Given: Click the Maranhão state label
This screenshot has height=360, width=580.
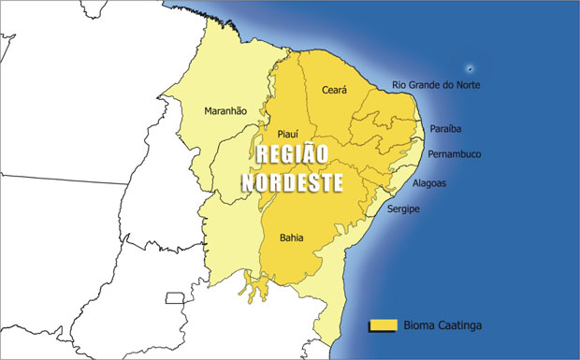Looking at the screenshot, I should (x=225, y=111).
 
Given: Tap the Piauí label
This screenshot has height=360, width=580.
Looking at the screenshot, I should (x=288, y=134).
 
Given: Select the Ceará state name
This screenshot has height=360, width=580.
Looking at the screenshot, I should (x=334, y=90).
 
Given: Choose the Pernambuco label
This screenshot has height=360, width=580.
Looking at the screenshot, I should (x=454, y=153).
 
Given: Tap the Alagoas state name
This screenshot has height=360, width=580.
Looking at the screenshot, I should (x=428, y=183).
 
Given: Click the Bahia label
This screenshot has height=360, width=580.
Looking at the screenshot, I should (x=291, y=238).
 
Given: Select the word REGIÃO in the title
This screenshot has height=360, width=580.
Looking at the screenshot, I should (x=294, y=154).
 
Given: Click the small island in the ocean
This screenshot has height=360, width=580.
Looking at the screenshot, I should (x=470, y=68).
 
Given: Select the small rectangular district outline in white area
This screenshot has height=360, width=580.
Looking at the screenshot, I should (x=174, y=298).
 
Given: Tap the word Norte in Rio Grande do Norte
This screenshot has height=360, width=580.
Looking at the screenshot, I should (x=469, y=85).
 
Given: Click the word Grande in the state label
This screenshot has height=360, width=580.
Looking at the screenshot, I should (x=425, y=85).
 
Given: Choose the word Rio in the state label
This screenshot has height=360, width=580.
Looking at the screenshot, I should (x=399, y=85).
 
